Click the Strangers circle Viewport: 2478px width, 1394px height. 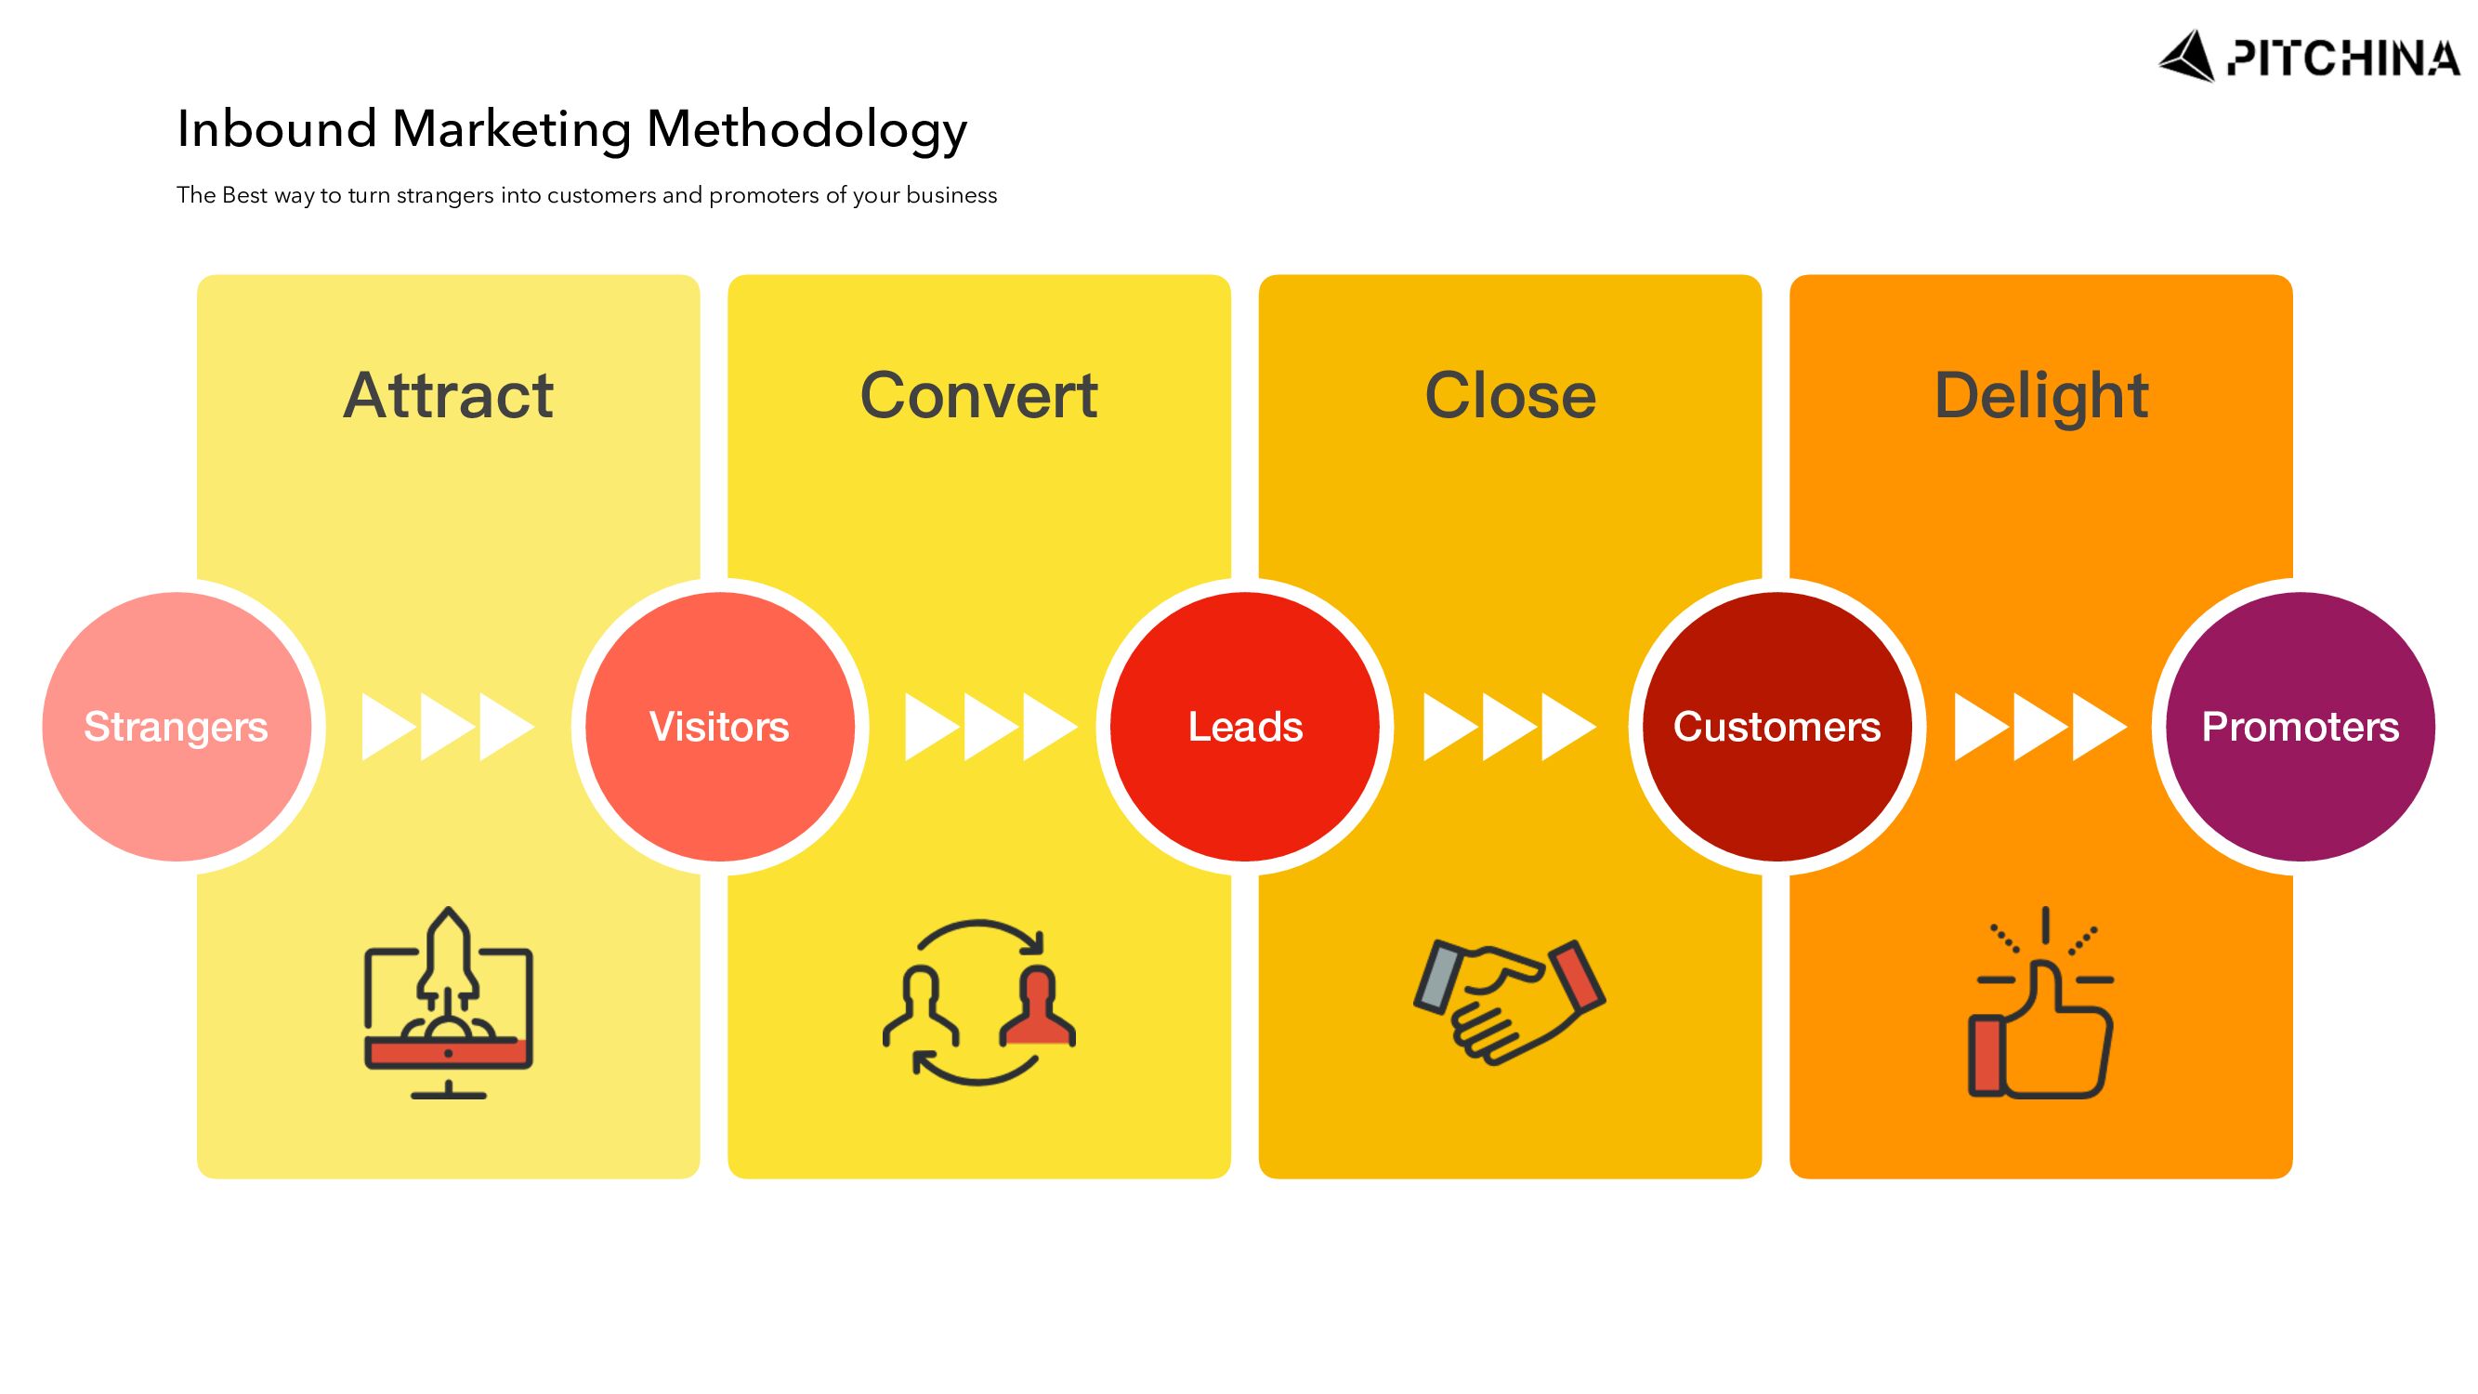176,727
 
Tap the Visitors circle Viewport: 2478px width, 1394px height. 719,727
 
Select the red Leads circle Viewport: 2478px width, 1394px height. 1245,727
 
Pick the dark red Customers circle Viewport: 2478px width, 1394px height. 1777,727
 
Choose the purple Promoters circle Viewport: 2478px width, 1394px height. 2300,727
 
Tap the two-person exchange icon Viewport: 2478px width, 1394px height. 978,1003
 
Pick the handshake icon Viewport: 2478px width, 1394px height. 1508,1001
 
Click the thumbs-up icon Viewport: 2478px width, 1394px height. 2040,1006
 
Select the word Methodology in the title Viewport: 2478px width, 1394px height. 806,129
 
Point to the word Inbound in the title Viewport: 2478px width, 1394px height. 276,129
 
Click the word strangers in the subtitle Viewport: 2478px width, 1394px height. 444,195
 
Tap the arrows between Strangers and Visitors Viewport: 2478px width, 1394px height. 447,727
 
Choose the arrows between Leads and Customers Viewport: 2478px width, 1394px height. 1509,727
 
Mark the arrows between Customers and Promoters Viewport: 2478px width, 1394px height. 2040,727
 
